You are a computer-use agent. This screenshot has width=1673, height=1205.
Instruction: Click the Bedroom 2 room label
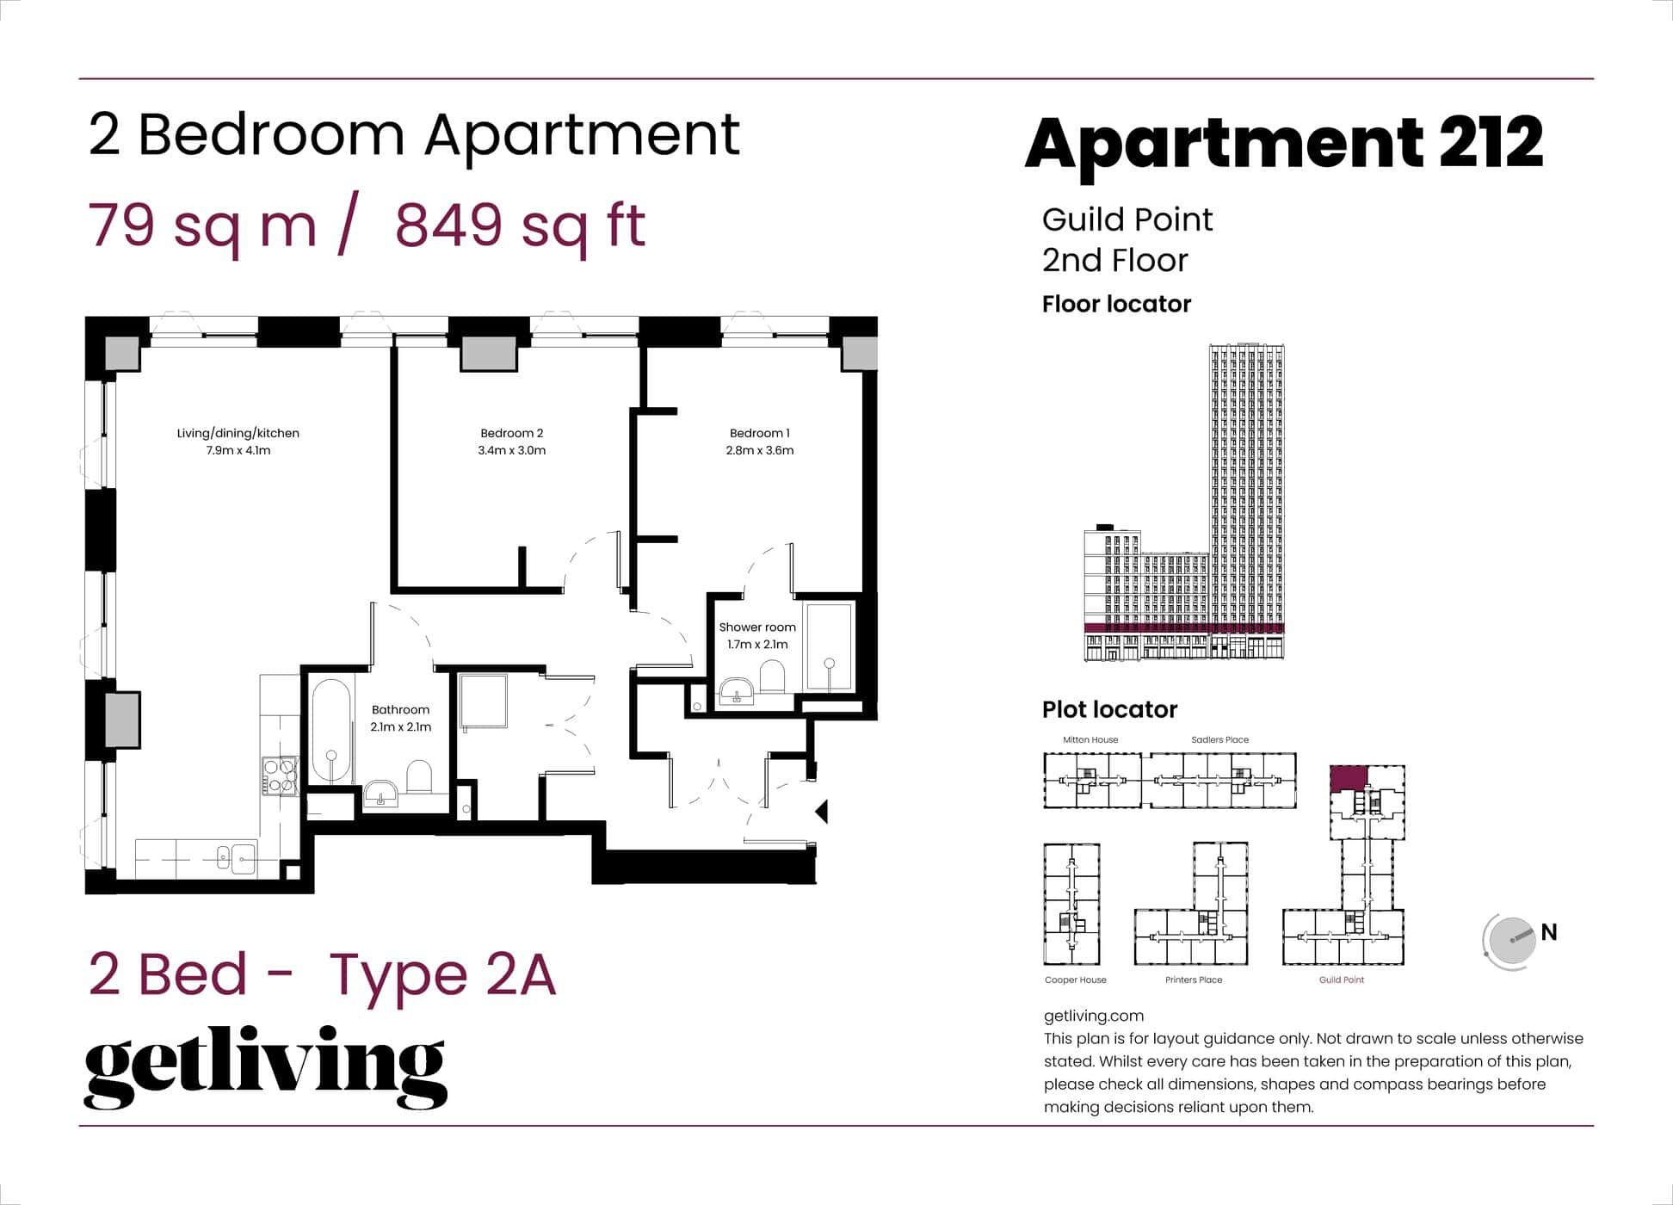(511, 433)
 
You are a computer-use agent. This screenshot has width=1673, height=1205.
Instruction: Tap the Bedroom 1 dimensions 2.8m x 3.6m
(759, 450)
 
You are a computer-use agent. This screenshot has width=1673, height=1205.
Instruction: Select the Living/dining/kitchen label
(238, 433)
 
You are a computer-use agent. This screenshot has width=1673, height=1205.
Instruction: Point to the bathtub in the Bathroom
(330, 732)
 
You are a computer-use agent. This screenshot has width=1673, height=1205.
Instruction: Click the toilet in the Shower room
(772, 676)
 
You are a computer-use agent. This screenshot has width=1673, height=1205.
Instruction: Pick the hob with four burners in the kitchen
(280, 775)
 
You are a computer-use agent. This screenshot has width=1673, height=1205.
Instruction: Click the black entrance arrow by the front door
(822, 811)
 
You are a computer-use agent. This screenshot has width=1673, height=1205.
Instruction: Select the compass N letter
(1549, 932)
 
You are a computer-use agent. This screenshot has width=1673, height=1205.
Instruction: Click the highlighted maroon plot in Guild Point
(1348, 779)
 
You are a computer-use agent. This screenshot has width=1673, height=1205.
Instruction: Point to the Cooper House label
(1075, 979)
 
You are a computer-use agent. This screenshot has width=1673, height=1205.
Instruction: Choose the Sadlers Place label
(1219, 739)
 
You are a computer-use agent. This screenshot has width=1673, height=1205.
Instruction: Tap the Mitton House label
(1090, 739)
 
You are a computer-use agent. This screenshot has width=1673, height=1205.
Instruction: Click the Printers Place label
(1193, 979)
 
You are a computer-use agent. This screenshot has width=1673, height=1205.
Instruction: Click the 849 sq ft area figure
(520, 226)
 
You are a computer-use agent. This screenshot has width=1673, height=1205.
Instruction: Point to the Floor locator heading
(1116, 304)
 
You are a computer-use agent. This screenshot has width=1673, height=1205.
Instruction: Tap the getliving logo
(265, 1066)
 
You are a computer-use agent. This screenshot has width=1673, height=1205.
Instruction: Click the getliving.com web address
(1093, 1016)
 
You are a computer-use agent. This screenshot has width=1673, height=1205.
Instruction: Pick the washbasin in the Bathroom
(380, 793)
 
